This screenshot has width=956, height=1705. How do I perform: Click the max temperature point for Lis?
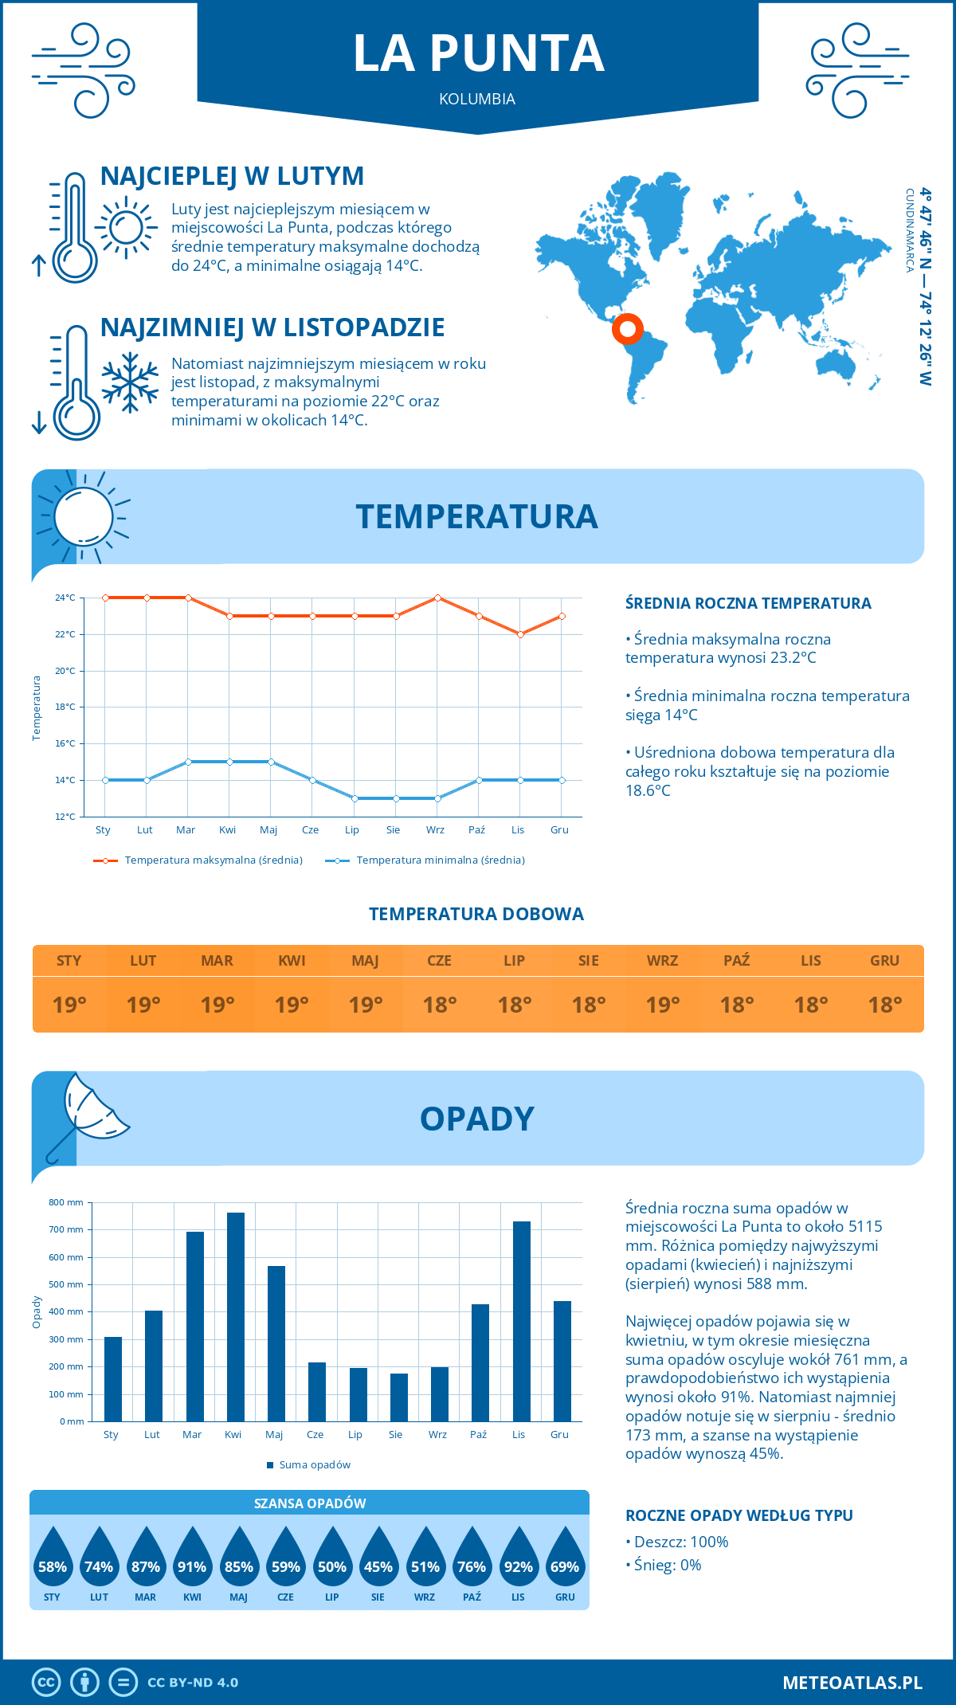click(x=520, y=634)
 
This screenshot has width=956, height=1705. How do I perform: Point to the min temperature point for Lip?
click(x=355, y=798)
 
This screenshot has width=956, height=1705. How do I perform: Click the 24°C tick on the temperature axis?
click(x=65, y=598)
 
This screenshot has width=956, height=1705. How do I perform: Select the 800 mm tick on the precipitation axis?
click(x=67, y=1202)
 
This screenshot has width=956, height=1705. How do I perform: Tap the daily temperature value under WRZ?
click(x=662, y=1005)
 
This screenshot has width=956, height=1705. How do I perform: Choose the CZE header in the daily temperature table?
click(x=439, y=961)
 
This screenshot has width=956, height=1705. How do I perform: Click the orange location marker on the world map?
click(x=628, y=328)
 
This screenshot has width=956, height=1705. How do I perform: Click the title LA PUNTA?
click(x=478, y=53)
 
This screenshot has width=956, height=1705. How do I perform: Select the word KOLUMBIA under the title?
click(x=477, y=99)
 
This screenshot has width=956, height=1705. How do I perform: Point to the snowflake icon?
click(x=130, y=382)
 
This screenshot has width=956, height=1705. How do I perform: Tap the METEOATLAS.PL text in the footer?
click(x=852, y=1682)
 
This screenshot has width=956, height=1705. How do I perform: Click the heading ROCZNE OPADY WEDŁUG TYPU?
click(x=739, y=1515)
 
